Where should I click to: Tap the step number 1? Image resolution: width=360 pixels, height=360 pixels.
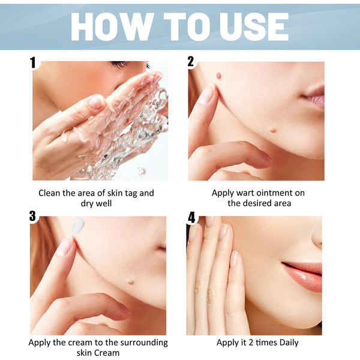(x=34, y=61)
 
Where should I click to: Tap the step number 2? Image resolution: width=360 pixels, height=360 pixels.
(x=191, y=61)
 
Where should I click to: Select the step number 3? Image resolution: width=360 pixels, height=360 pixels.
(x=34, y=216)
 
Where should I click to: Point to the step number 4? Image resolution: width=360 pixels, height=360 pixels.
(x=191, y=217)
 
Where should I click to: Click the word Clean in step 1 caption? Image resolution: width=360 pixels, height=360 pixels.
(x=51, y=193)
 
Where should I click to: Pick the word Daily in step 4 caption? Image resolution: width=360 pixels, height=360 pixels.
(x=286, y=343)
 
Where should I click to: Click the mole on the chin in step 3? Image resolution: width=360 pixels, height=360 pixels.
(x=131, y=280)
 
